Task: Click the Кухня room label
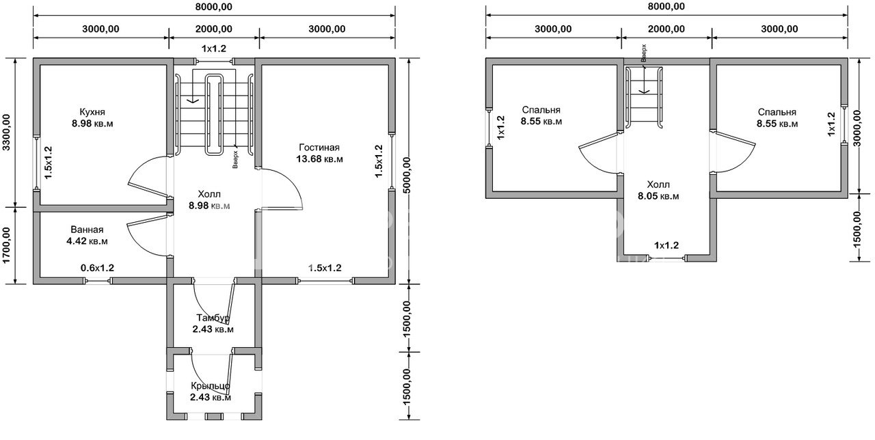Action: [92, 112]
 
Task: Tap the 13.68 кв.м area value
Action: [319, 159]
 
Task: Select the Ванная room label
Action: [87, 230]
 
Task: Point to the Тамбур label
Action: [213, 318]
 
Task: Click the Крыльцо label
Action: [210, 386]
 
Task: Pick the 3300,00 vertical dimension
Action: [7, 132]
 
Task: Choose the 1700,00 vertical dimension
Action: [7, 245]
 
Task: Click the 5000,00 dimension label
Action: [407, 175]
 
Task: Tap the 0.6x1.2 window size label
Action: [97, 268]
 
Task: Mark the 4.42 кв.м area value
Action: [87, 241]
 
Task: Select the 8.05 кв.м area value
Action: [658, 196]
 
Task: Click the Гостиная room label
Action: [319, 148]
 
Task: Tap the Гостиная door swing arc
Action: [295, 184]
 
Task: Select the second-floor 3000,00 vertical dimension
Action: [857, 128]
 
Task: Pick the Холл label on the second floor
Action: [658, 184]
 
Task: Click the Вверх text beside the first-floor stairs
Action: [235, 159]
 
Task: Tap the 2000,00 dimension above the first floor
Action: [214, 29]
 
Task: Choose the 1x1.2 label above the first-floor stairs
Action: [214, 49]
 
